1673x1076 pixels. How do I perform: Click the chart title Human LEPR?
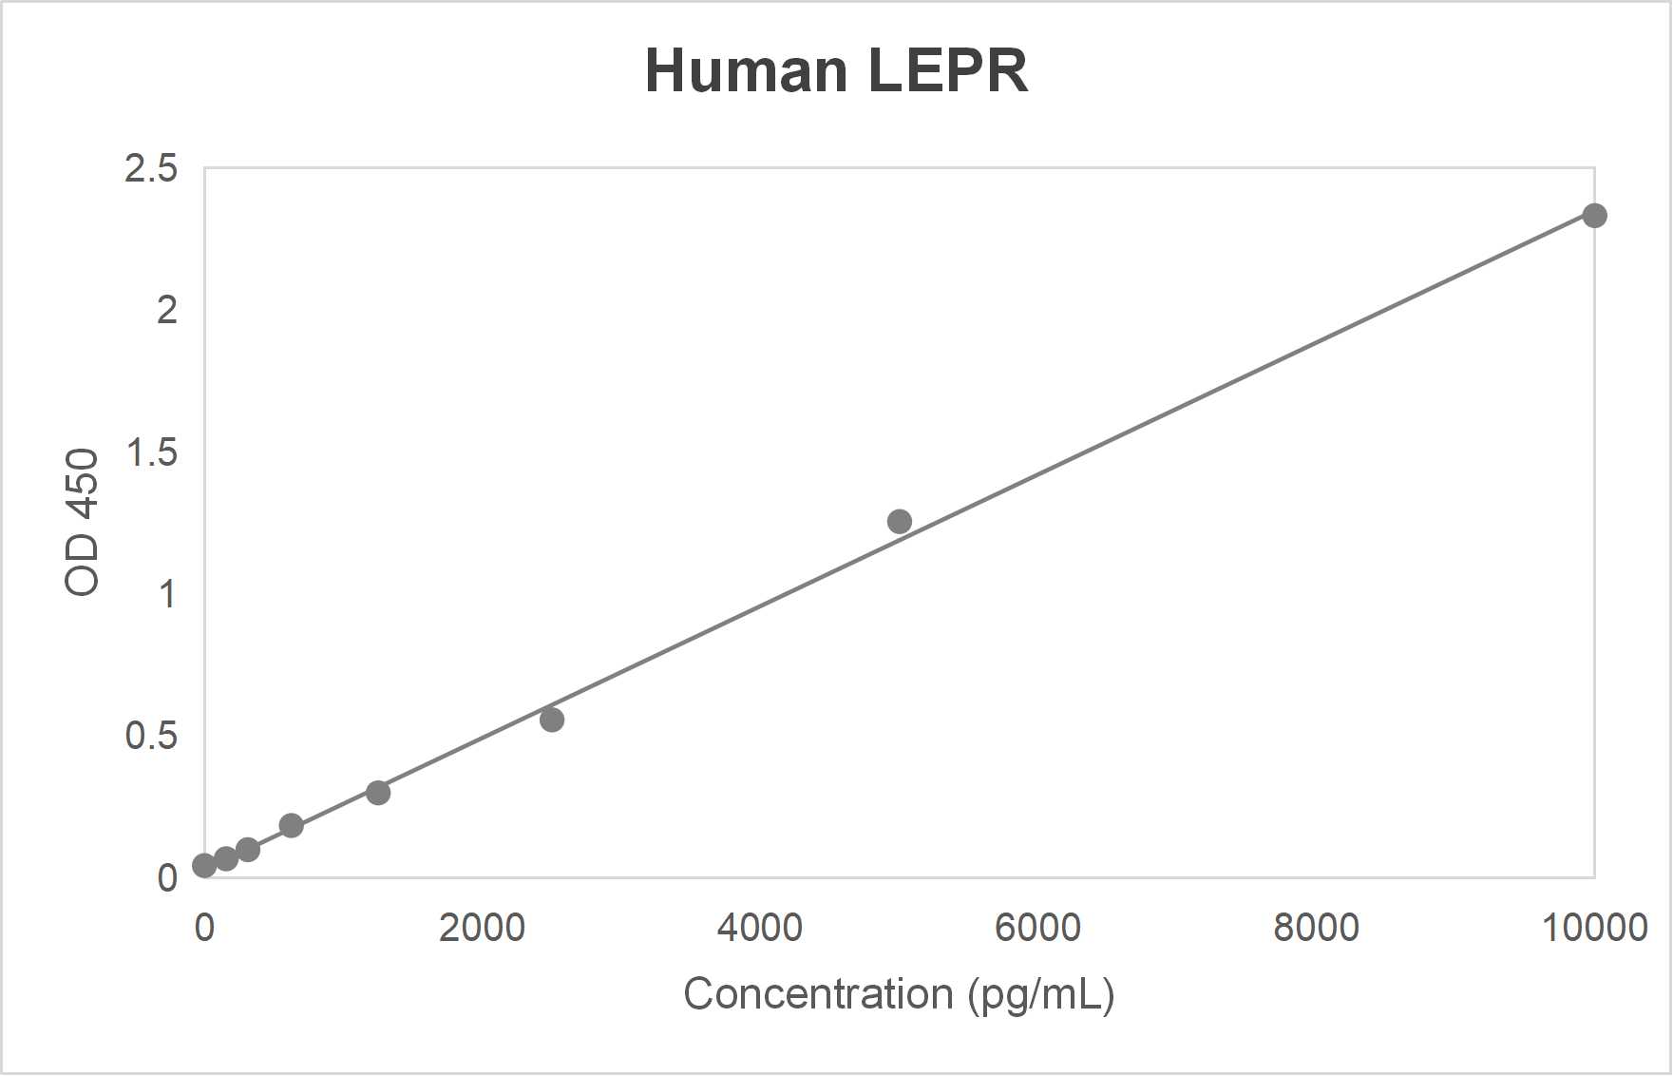coord(836,70)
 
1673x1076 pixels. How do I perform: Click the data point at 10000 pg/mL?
coord(1594,216)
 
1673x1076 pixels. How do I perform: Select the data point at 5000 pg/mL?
coord(899,521)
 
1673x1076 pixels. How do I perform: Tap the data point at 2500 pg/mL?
coord(552,720)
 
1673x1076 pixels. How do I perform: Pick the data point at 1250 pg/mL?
coord(378,793)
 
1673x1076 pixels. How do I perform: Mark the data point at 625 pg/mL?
coord(292,825)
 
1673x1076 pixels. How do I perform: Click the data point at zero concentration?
coord(204,865)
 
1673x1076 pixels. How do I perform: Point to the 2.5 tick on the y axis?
coord(151,168)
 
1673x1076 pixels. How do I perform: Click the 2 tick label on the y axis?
coord(167,310)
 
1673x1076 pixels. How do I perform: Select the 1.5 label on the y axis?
coord(151,452)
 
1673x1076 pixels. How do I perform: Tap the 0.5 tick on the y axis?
coord(151,736)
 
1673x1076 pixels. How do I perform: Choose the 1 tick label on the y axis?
coord(167,594)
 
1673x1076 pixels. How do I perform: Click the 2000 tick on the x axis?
coord(482,928)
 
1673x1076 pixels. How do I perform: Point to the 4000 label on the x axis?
coord(759,928)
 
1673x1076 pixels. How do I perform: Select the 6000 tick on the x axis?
coord(1037,928)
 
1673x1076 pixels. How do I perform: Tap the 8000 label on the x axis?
coord(1316,928)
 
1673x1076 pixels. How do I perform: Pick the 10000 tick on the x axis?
coord(1593,928)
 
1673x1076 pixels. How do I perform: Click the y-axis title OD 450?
coord(83,522)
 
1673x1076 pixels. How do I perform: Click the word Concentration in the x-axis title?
coord(818,994)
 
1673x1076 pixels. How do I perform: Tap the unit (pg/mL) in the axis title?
coord(1041,995)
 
